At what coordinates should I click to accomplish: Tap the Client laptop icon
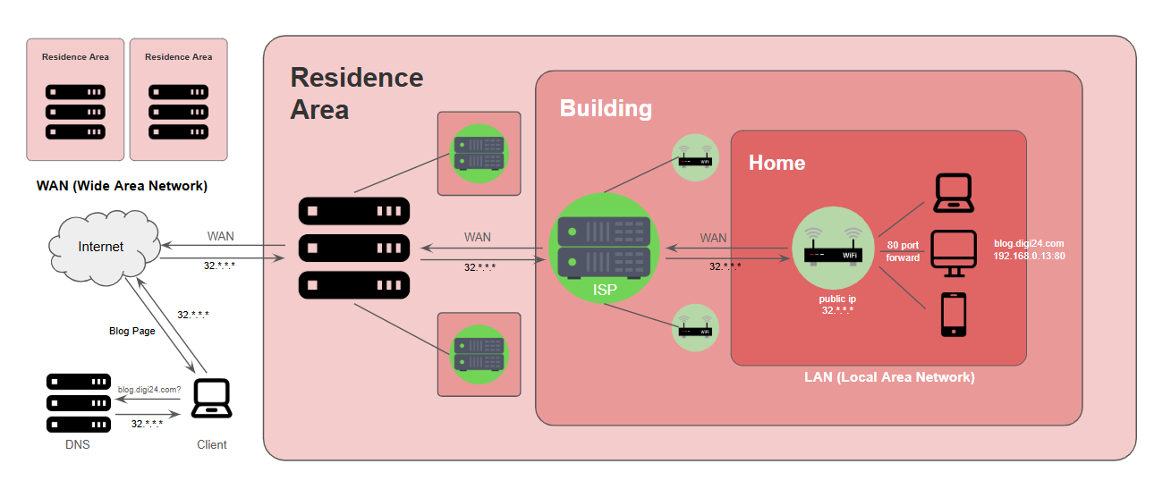212,399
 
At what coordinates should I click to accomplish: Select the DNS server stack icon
78,403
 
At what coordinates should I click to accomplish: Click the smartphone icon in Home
954,315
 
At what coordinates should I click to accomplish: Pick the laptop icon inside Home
954,193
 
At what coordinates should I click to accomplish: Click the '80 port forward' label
903,251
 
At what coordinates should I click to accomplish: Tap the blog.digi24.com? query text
149,390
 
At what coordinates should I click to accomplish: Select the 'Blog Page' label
132,331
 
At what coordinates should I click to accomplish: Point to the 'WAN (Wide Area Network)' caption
122,186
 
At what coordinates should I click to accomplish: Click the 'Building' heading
606,108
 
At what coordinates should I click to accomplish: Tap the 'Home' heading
776,163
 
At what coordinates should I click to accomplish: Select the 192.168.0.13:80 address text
1029,256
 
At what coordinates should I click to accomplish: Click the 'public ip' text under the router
837,298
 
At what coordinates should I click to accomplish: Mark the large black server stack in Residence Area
354,249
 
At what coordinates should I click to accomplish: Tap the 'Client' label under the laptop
212,444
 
